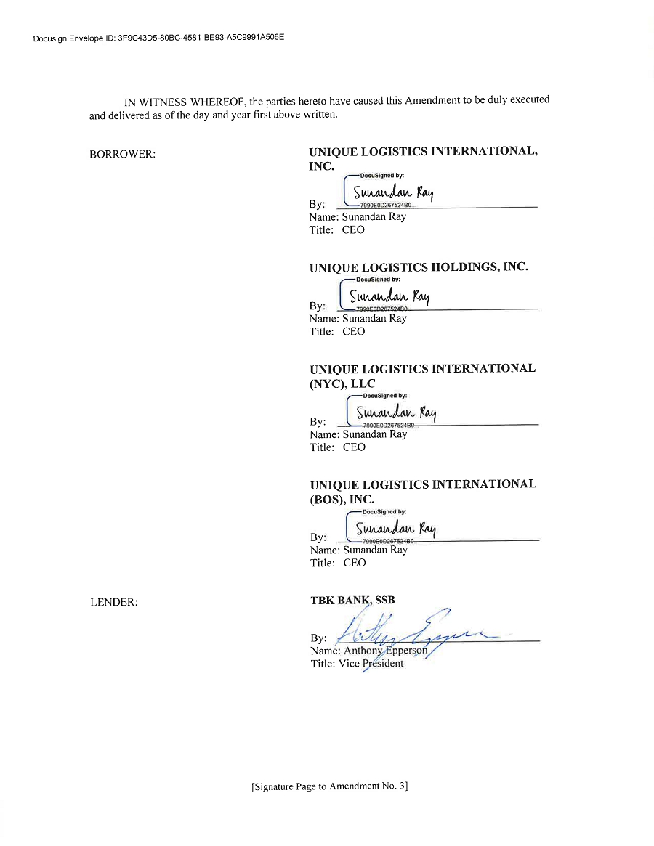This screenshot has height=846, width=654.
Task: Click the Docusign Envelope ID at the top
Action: pos(158,37)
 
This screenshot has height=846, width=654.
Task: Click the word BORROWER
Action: pos(122,155)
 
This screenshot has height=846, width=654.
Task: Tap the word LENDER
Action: pos(113,602)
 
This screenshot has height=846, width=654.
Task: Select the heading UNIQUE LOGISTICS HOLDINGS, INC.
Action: pos(419,267)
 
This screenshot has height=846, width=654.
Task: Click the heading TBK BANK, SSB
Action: pos(352,601)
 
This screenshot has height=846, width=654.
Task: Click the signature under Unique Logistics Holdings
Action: pos(389,297)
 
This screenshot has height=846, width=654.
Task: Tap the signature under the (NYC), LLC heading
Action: pos(395,413)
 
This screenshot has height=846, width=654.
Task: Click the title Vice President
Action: pos(371,664)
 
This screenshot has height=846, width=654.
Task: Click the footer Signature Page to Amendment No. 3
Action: pos(329,786)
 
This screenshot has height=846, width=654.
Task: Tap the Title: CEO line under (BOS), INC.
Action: pos(338,563)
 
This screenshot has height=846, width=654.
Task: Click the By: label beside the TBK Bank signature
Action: pos(318,638)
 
